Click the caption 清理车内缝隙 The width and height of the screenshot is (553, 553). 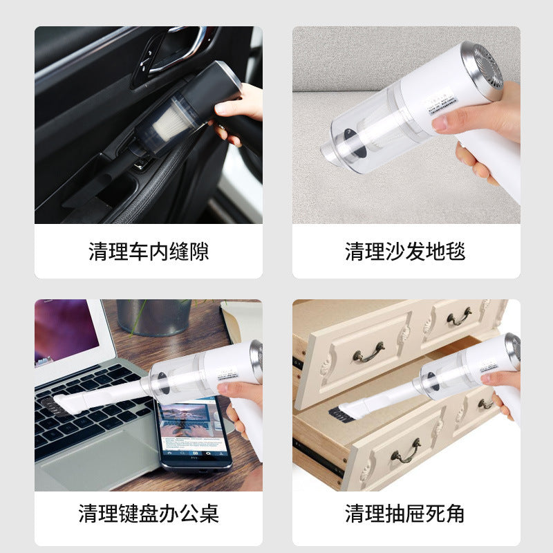tap(149, 251)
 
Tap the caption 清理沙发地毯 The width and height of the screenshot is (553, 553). tap(405, 251)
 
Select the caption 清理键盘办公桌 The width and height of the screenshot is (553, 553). tap(149, 514)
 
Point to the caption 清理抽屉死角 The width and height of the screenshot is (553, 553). tap(405, 514)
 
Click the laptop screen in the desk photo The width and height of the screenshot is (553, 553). tap(66, 332)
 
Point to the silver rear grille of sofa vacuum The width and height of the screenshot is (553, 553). tap(488, 69)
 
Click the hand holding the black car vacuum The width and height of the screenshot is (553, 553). tap(238, 111)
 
